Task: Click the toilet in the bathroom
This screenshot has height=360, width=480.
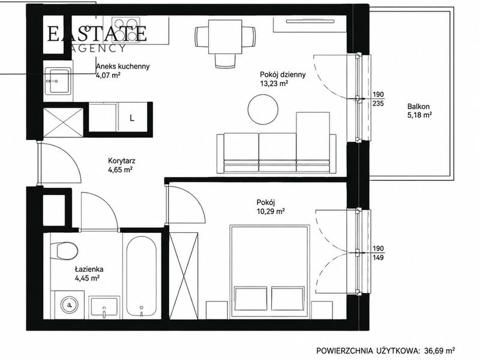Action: tap(64, 250)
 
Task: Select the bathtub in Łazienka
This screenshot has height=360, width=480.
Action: tap(142, 277)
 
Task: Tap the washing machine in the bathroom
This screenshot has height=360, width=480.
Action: tap(70, 305)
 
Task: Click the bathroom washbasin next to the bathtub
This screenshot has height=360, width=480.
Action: tap(104, 307)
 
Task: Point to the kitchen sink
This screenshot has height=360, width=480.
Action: tap(58, 81)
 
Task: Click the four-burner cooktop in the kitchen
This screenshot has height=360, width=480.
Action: tap(125, 29)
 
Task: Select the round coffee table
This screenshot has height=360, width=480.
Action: tap(263, 109)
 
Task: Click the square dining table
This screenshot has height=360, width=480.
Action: tap(225, 37)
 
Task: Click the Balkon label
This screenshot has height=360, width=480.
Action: tap(418, 107)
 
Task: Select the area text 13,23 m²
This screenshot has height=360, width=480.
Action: tap(274, 83)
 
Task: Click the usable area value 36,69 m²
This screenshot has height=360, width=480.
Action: tap(441, 350)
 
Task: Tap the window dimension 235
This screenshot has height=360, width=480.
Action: tap(378, 103)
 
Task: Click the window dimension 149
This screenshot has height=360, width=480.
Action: tap(378, 257)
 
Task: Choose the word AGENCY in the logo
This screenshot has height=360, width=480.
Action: tap(97, 48)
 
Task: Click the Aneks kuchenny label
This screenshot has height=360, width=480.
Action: tap(123, 66)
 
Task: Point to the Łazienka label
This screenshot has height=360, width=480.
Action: tap(89, 269)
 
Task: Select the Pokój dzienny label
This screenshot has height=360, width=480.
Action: tap(283, 74)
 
